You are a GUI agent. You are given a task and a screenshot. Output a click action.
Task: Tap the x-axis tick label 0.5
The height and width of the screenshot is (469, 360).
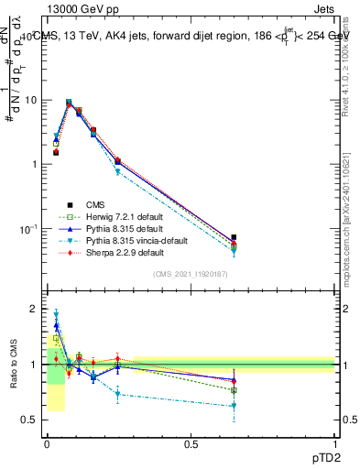pos(191,444)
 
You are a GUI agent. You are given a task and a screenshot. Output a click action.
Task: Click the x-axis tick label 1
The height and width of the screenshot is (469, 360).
pos(334,444)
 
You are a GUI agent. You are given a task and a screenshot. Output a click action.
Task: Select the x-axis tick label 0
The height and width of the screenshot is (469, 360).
pos(47,444)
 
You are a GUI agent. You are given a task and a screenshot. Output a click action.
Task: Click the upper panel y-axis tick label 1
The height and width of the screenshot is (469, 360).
pos(33,164)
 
